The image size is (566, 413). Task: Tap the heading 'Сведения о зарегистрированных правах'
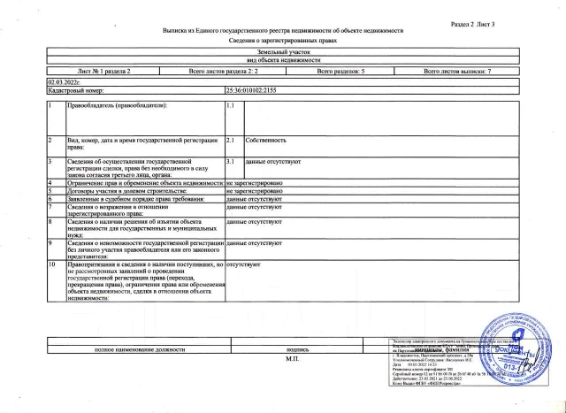[x=282, y=42]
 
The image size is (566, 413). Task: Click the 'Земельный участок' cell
[x=282, y=53]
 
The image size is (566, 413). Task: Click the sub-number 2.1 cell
[x=232, y=140]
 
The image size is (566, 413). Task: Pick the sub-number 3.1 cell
[x=232, y=163]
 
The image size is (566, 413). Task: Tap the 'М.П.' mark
[x=293, y=360]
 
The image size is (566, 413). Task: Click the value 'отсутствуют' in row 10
[x=242, y=263]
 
